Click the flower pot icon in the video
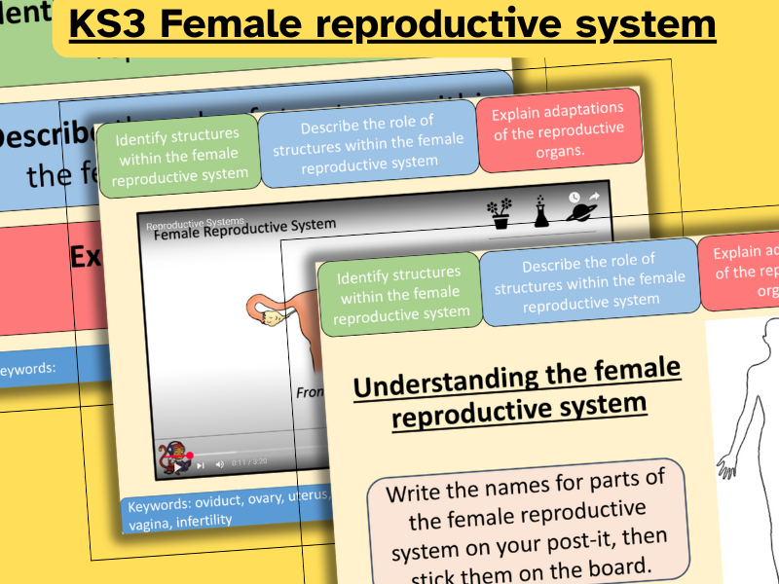point(501,211)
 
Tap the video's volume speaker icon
point(219,464)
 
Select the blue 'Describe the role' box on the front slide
point(588,282)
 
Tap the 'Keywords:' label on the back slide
point(27,368)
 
